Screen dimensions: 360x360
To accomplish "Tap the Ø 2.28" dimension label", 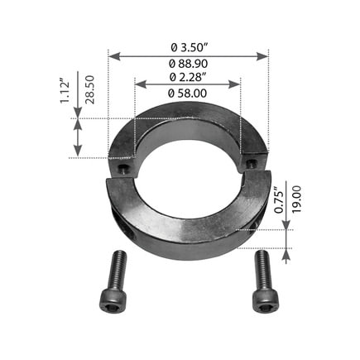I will coord(188,77).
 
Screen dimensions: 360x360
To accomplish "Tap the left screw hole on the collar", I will coord(122,168).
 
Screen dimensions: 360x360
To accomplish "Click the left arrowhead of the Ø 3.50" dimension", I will coord(113,56).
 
